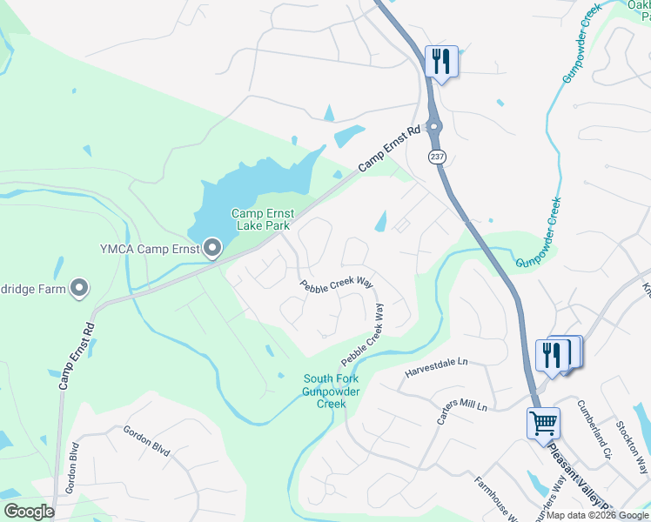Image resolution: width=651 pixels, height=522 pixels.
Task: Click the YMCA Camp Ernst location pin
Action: pyautogui.click(x=212, y=248)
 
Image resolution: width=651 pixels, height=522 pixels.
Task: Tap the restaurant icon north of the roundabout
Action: pyautogui.click(x=441, y=62)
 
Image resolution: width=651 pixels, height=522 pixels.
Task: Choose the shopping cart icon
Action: pyautogui.click(x=543, y=424)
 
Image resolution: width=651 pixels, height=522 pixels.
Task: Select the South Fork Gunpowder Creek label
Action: pyautogui.click(x=331, y=391)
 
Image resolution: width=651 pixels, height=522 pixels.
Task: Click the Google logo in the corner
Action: pyautogui.click(x=29, y=512)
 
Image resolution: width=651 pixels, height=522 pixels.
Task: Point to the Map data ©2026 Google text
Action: pyautogui.click(x=597, y=515)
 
